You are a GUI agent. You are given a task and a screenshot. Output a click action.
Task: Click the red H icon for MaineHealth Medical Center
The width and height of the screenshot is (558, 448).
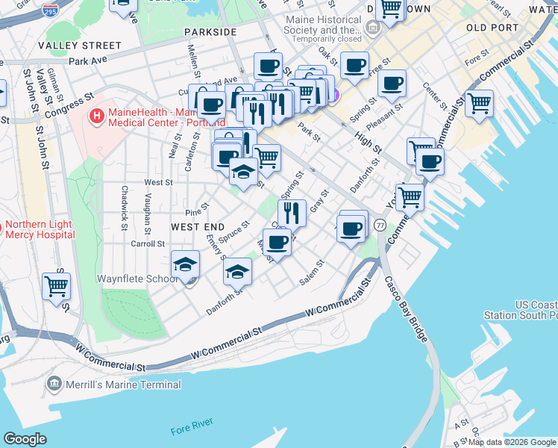tap(96, 116)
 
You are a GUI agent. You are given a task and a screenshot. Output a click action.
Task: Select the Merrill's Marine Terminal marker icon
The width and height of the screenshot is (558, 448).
tap(54, 385)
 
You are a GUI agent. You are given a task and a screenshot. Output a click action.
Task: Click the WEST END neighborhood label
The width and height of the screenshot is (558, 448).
tap(198, 226)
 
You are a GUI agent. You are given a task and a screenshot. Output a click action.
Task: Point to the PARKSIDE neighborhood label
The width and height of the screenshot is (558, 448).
tap(210, 32)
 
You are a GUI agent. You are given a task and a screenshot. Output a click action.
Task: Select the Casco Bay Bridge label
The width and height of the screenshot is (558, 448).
tap(407, 310)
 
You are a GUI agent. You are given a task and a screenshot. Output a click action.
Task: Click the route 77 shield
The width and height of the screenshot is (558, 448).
tap(380, 225)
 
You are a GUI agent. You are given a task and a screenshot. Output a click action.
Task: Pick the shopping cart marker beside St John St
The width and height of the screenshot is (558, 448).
tap(56, 285)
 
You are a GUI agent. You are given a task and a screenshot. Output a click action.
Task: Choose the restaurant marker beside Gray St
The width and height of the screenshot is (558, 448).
tap(292, 212)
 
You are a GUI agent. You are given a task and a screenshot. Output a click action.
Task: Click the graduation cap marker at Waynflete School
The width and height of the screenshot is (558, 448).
tap(185, 263)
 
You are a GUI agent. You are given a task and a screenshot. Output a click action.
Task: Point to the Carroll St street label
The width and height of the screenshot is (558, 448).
tap(147, 243)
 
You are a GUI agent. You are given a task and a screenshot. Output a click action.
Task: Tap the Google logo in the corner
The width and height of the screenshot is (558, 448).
tap(25, 439)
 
